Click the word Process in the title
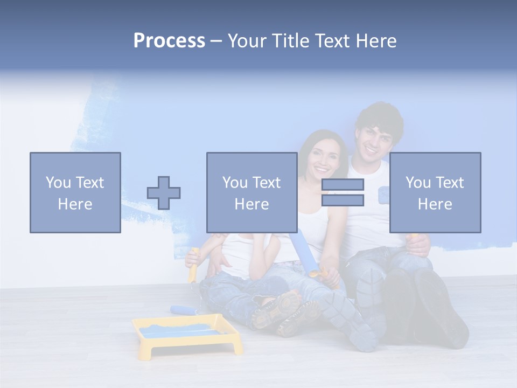pyautogui.click(x=169, y=41)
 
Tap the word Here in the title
pyautogui.click(x=375, y=41)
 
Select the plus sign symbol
pyautogui.click(x=164, y=192)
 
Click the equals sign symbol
pyautogui.click(x=343, y=192)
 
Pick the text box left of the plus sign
pyautogui.click(x=75, y=192)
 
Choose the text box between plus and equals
pyautogui.click(x=251, y=192)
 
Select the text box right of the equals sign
pyautogui.click(x=435, y=192)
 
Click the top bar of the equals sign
pyautogui.click(x=343, y=184)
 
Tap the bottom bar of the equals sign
pyautogui.click(x=343, y=200)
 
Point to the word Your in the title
pyautogui.click(x=247, y=41)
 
